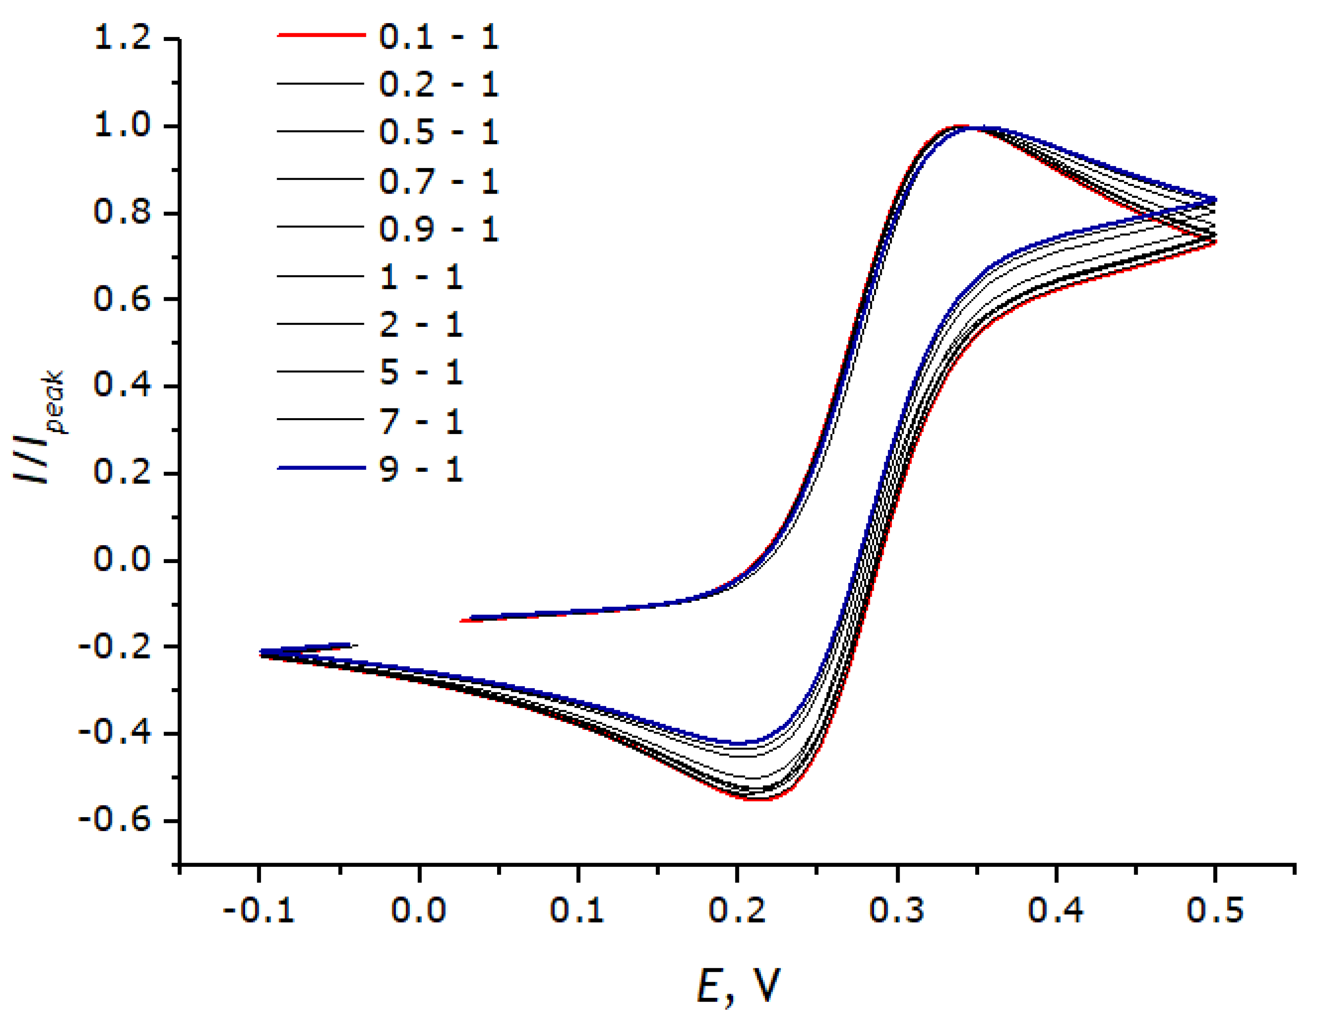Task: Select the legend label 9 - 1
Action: (x=421, y=469)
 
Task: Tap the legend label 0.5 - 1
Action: (x=438, y=132)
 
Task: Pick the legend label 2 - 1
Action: (x=421, y=325)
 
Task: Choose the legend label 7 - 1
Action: (x=421, y=421)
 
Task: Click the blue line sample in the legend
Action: (x=321, y=468)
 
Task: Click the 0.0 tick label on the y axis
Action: (x=123, y=559)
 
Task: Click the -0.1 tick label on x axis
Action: (x=258, y=910)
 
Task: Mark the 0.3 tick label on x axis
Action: (x=897, y=910)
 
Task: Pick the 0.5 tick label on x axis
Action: (x=1215, y=910)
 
